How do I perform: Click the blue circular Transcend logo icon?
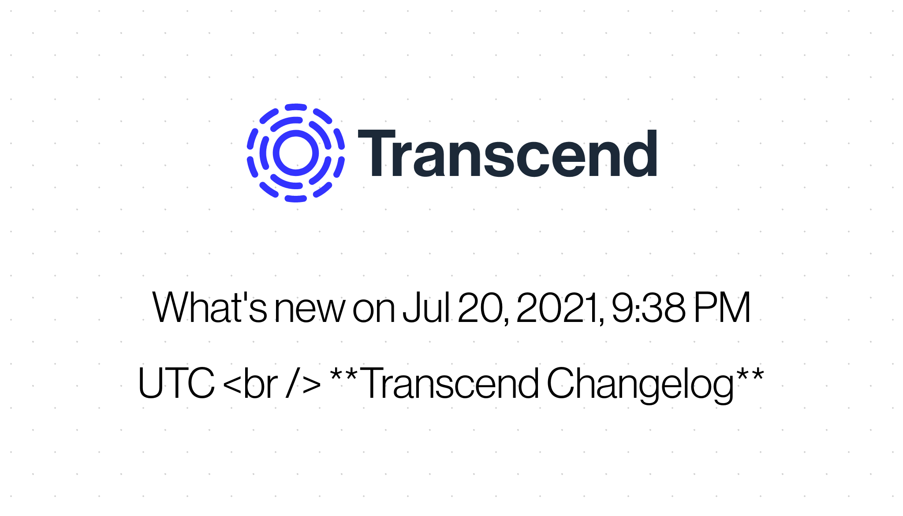point(296,153)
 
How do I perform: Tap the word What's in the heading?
point(209,307)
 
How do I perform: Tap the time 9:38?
point(649,307)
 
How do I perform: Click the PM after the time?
point(722,307)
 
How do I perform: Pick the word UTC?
point(176,383)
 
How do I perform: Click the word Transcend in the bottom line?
point(451,383)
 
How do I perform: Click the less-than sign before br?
point(232,385)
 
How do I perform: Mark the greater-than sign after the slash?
point(312,385)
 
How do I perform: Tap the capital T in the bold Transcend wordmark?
point(377,153)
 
